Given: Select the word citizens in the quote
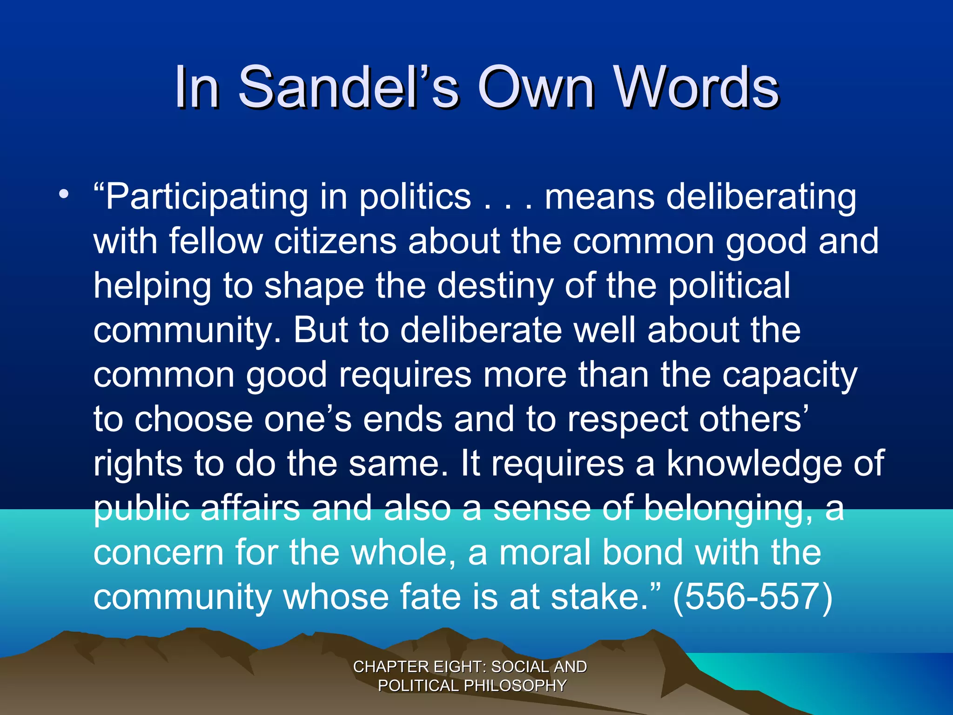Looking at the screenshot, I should pos(335,241).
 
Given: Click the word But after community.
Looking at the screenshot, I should pos(321,330).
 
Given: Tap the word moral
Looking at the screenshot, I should pos(544,553).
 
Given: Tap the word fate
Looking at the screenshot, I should pos(430,597).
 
